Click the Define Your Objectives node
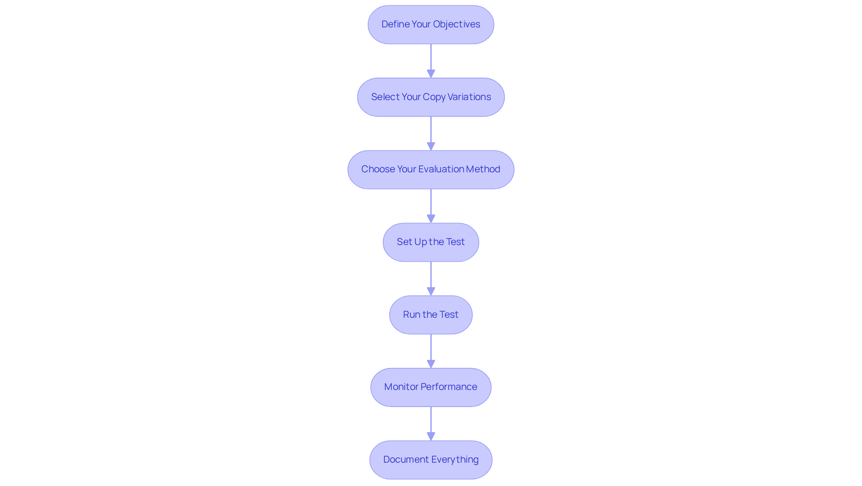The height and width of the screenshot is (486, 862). pyautogui.click(x=431, y=25)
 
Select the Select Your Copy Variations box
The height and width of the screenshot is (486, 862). pyautogui.click(x=431, y=97)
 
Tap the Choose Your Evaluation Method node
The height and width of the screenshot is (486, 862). pyautogui.click(x=431, y=170)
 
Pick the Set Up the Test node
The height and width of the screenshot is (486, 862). pyautogui.click(x=431, y=242)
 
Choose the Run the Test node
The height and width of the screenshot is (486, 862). pyautogui.click(x=431, y=315)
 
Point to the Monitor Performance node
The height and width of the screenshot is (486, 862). pyautogui.click(x=431, y=387)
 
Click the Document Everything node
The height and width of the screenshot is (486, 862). pyautogui.click(x=431, y=460)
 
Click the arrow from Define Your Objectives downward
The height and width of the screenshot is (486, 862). pyautogui.click(x=431, y=61)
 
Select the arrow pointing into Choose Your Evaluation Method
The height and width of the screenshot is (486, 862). pyautogui.click(x=431, y=133)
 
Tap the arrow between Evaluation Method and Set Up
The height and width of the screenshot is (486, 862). pyautogui.click(x=431, y=206)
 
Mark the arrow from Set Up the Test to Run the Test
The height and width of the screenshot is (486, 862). pyautogui.click(x=431, y=278)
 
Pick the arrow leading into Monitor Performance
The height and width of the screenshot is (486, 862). pyautogui.click(x=431, y=351)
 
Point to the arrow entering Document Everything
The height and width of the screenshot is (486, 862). pyautogui.click(x=431, y=424)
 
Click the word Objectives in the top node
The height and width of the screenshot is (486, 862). pyautogui.click(x=457, y=24)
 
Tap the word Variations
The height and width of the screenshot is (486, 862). pyautogui.click(x=469, y=97)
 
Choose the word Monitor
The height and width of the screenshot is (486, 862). pyautogui.click(x=401, y=387)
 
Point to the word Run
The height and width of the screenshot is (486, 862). pyautogui.click(x=411, y=315)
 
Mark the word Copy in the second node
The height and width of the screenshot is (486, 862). pyautogui.click(x=434, y=97)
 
